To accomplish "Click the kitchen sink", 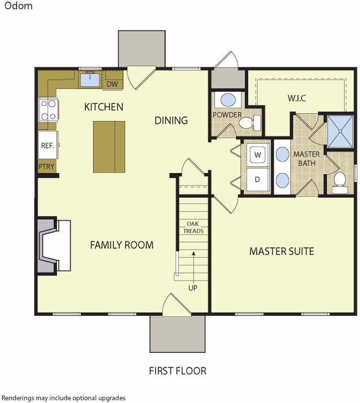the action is pyautogui.click(x=90, y=79).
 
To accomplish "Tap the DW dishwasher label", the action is pyautogui.click(x=112, y=84).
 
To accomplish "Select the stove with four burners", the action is pyautogui.click(x=48, y=110).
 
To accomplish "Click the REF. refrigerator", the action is pyautogui.click(x=48, y=145).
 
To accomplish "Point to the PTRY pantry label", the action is pyautogui.click(x=46, y=166).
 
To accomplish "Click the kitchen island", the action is pyautogui.click(x=109, y=147).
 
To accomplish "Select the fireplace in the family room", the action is pyautogui.click(x=54, y=246).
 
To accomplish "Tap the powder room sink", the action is pyautogui.click(x=228, y=100).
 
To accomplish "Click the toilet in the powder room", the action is pyautogui.click(x=249, y=123).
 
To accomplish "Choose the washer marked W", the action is pyautogui.click(x=257, y=155).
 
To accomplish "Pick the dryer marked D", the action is pyautogui.click(x=257, y=179).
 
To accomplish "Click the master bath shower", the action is pyautogui.click(x=340, y=131).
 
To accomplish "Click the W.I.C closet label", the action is pyautogui.click(x=297, y=98).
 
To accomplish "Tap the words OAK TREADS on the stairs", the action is pyautogui.click(x=193, y=228).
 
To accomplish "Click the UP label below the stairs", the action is pyautogui.click(x=193, y=288).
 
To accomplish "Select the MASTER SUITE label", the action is pyautogui.click(x=282, y=251).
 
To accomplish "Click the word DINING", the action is pyautogui.click(x=171, y=120).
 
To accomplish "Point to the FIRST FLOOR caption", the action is pyautogui.click(x=178, y=371).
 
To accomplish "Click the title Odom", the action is pyautogui.click(x=18, y=6).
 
